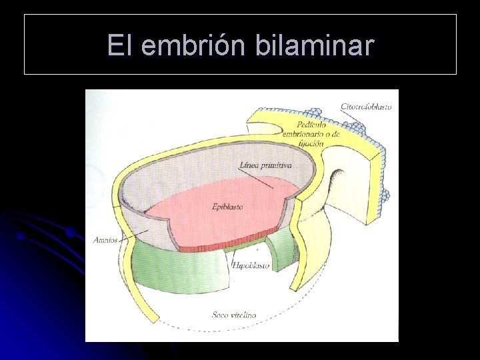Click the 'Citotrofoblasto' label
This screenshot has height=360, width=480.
[x=365, y=107]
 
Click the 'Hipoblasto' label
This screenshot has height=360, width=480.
[x=251, y=265]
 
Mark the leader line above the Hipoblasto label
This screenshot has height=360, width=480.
[x=235, y=255]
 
